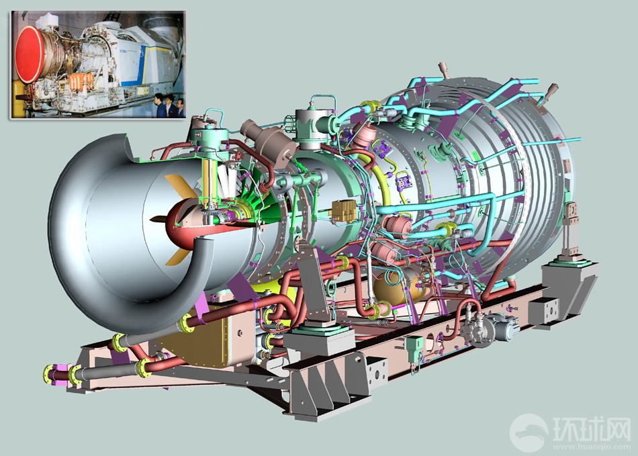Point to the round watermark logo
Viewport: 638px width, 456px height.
coord(529,432)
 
